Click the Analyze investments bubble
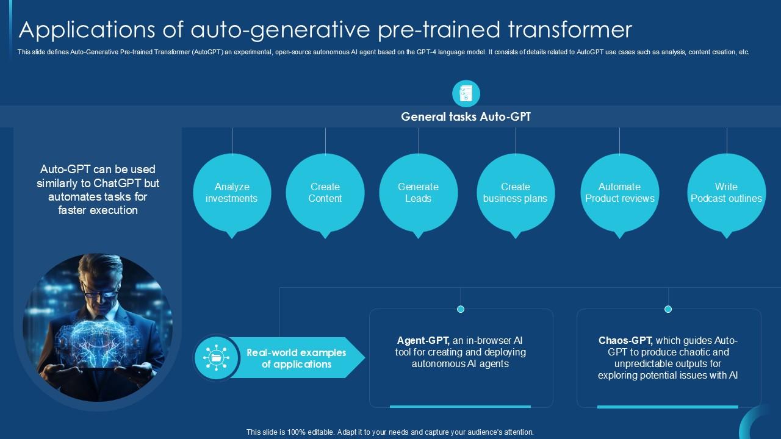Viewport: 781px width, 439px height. tap(232, 193)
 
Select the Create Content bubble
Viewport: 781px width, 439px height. tap(325, 193)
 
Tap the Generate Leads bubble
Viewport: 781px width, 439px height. tap(419, 193)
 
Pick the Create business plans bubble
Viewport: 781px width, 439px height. tap(516, 193)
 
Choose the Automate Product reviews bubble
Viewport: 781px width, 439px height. tap(619, 193)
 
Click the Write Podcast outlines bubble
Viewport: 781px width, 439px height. tap(726, 193)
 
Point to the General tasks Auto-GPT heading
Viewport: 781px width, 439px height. tap(466, 116)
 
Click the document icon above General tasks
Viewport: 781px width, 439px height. tap(466, 94)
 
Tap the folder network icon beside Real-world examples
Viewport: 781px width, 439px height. tap(217, 358)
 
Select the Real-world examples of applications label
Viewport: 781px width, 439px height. tap(296, 359)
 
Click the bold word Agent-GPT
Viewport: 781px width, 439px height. tap(423, 341)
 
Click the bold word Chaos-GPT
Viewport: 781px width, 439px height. tap(625, 341)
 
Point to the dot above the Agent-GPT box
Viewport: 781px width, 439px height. tap(461, 309)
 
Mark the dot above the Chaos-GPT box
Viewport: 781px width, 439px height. tap(668, 309)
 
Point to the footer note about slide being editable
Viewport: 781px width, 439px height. tap(390, 432)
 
